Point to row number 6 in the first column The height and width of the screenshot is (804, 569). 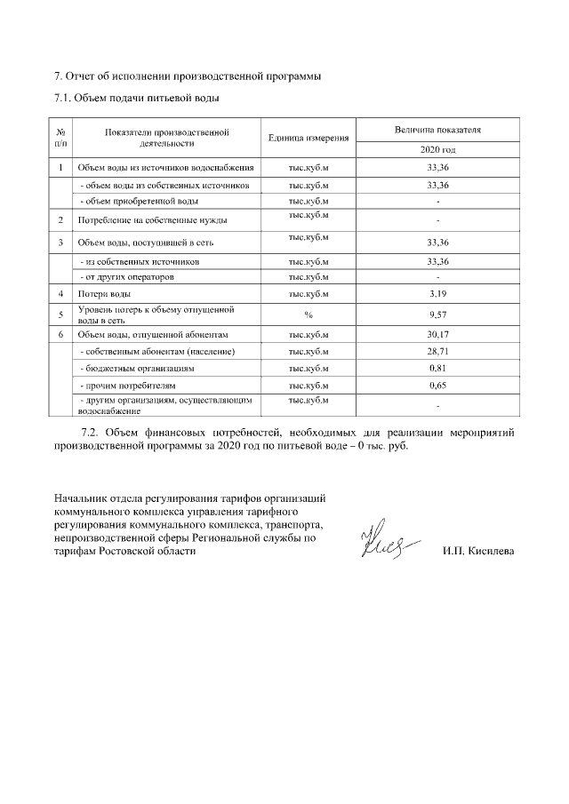click(x=60, y=334)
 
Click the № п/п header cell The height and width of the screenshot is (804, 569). click(x=60, y=137)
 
